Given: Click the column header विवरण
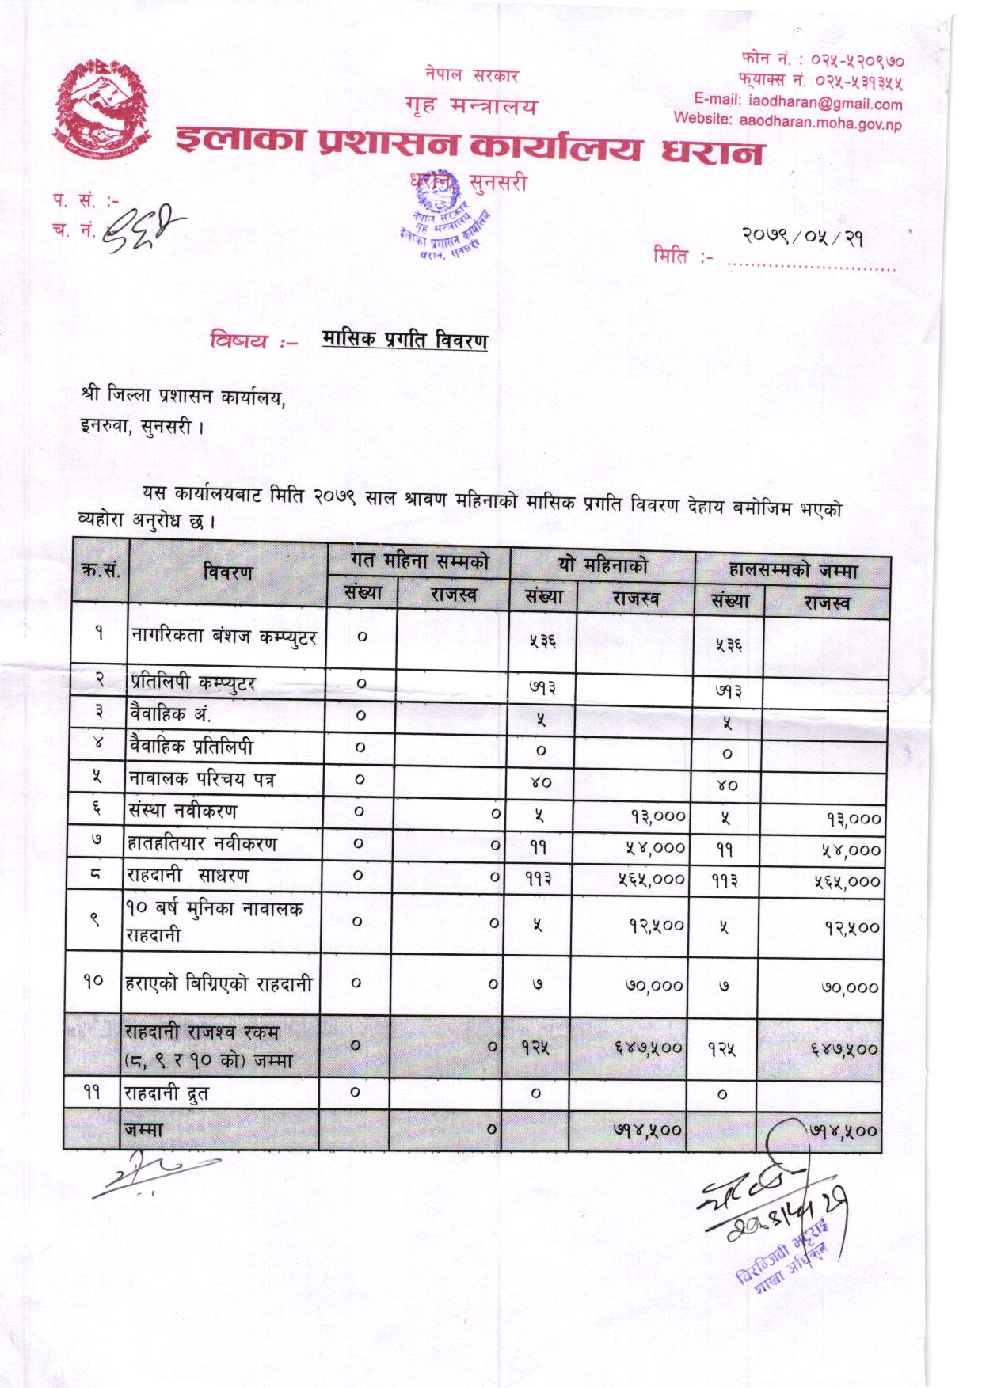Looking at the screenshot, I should tap(227, 572).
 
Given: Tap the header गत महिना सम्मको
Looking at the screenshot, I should tap(419, 561).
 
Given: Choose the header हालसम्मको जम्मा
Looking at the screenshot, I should tap(792, 569).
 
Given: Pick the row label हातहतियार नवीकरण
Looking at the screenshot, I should tap(202, 843).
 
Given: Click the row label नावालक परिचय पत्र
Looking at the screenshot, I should tap(202, 779).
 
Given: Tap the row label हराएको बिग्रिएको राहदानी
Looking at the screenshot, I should tap(219, 984).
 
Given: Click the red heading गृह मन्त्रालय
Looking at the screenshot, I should tap(470, 105).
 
